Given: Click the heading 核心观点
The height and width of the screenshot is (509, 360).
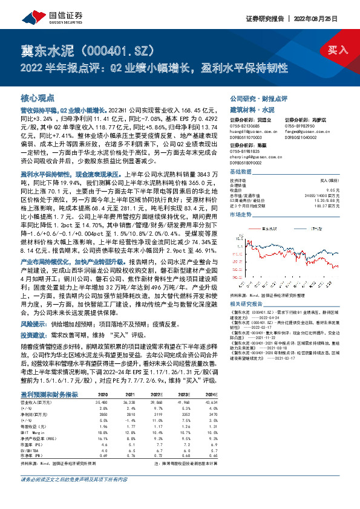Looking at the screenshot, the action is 38,97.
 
